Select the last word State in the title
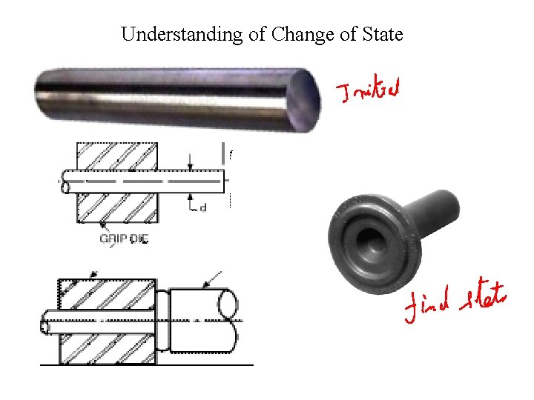(x=381, y=34)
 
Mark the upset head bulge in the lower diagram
(x=162, y=321)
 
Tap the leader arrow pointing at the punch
(x=214, y=279)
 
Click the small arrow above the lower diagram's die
(x=92, y=276)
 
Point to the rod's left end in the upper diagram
(x=65, y=181)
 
